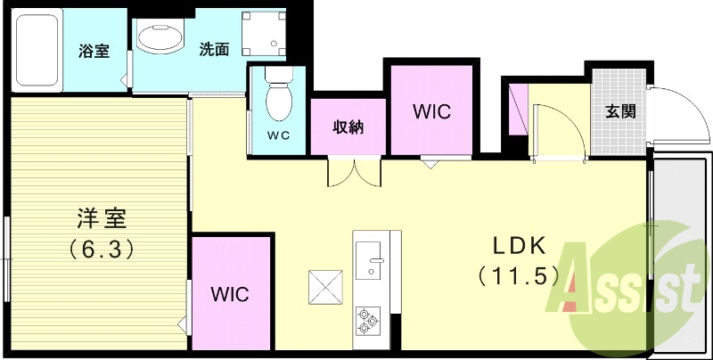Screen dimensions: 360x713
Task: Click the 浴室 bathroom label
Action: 94,50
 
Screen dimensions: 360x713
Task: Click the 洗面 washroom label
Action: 214,50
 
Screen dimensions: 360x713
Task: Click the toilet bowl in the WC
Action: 278,102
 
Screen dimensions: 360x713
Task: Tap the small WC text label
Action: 279,136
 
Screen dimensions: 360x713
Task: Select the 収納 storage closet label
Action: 348,127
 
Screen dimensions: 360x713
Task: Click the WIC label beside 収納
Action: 431,112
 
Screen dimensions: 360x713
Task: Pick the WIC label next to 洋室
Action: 230,293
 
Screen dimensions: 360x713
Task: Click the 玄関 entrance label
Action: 620,111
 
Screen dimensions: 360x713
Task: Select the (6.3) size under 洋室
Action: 101,249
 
